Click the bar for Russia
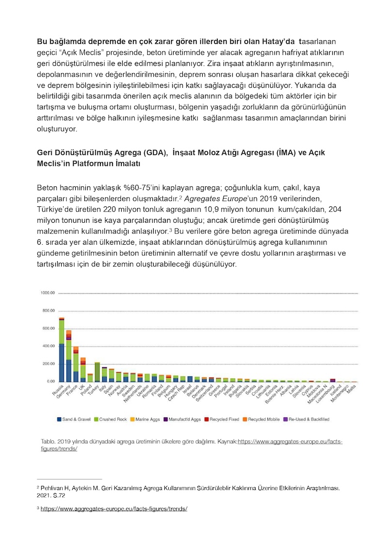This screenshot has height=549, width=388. pos(62,350)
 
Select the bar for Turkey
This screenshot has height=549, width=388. pos(97,372)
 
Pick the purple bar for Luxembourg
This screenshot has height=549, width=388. pos(333,381)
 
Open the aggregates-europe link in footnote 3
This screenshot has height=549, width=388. pos(114,509)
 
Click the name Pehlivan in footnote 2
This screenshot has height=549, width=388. pos(51,487)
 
